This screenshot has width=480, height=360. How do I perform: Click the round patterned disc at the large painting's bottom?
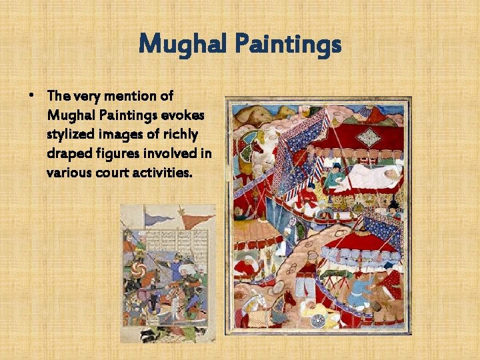point(319,320)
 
